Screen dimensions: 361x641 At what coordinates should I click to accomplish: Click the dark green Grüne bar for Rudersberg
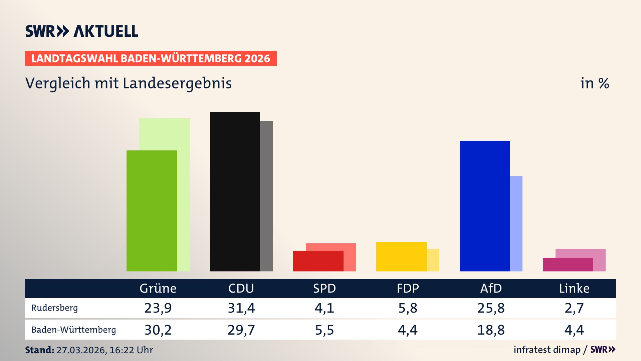point(152,211)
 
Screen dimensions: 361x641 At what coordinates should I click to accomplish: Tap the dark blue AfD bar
point(484,206)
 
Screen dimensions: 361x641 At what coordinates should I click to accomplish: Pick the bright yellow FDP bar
point(401,256)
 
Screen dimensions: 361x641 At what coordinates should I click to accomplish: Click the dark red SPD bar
point(318,261)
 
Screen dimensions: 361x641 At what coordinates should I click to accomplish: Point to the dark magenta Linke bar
point(568,264)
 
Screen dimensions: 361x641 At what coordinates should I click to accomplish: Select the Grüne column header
point(158,288)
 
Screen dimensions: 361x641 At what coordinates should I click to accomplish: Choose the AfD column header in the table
point(491,288)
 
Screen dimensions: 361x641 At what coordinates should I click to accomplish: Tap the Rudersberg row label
point(55,308)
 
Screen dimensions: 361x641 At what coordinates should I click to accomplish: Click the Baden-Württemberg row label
point(74,330)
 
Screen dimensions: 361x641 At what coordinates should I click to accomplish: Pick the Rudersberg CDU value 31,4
point(241,308)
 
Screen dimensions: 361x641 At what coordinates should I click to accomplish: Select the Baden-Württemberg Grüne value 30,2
point(158,330)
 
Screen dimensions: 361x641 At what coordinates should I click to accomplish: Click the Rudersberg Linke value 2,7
point(574,308)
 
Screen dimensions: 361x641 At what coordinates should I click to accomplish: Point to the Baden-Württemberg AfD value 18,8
point(491,330)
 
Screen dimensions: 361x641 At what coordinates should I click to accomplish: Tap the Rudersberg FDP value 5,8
point(408,308)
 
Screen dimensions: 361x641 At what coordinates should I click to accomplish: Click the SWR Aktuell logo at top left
point(82,31)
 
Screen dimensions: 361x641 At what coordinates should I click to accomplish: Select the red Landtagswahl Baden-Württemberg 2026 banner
point(151,58)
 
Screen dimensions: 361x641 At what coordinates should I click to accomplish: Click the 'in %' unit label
point(595,83)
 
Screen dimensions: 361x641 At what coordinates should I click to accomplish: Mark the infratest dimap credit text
point(547,350)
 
